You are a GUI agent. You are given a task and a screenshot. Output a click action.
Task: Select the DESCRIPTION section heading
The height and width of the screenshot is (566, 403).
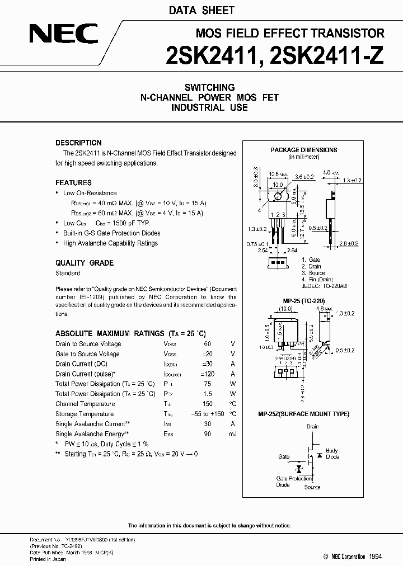(78, 143)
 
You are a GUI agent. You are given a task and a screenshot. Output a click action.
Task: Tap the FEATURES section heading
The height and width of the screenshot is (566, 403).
(73, 183)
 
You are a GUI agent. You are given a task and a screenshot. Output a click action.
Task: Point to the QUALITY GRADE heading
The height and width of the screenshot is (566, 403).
(84, 263)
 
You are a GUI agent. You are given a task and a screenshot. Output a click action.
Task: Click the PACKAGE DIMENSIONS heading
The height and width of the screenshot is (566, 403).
(304, 150)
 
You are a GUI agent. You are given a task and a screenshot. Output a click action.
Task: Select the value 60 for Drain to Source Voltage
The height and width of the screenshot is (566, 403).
(208, 344)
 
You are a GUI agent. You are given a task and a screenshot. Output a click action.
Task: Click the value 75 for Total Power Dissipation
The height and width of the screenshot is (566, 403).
(208, 384)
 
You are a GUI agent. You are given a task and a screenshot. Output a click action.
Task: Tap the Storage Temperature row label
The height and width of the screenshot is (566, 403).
(85, 414)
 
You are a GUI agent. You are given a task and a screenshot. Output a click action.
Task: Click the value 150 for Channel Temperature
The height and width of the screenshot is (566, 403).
(208, 404)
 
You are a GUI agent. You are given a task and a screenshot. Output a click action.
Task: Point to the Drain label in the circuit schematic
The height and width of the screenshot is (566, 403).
(312, 427)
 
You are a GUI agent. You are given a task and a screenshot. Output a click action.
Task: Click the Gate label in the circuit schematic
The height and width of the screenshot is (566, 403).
(284, 457)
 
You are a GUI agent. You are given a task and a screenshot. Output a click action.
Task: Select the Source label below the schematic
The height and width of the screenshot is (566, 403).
(312, 487)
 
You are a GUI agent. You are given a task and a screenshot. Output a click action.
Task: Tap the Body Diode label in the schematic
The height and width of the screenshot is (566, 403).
(332, 454)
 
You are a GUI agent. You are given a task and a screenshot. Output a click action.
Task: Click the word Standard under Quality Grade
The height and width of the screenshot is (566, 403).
(68, 273)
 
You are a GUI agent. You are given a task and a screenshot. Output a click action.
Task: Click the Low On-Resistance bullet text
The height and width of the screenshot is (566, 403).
(90, 193)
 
